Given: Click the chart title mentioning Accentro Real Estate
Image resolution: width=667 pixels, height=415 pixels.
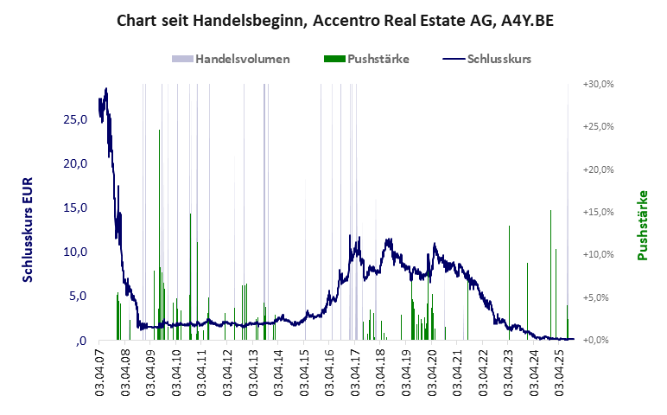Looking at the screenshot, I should pos(334,21).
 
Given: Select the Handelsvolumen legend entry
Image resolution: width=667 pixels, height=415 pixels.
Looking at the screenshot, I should pos(231,60).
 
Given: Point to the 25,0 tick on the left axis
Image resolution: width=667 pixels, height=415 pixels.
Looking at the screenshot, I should pos(73,119).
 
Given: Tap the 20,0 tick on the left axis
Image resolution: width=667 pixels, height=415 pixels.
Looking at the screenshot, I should pos(73,163).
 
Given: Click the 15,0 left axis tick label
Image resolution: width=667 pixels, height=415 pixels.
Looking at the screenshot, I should pos(73,207).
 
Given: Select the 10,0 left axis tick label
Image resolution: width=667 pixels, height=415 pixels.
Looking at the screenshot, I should pos(73,252).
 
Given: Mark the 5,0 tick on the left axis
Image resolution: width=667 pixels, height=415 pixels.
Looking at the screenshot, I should pos(77,296).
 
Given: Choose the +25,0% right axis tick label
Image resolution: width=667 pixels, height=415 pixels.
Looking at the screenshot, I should pos(597,126).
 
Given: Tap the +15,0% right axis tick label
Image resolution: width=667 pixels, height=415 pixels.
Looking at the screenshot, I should pos(597,212).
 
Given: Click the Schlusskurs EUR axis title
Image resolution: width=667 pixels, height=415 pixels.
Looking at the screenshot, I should pos(29,225).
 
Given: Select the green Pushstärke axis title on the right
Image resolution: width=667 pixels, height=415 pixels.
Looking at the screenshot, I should pos(642,225).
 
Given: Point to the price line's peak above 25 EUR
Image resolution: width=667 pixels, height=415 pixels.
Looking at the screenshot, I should pos(105,89).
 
